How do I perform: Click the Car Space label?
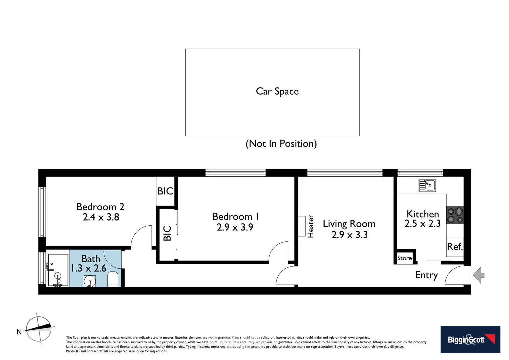277,91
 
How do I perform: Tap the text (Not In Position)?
281,144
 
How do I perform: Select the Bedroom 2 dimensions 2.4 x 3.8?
101,217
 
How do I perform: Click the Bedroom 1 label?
236,216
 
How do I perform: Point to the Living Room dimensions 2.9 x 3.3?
349,235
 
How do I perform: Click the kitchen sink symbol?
427,185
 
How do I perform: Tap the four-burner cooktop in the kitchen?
455,215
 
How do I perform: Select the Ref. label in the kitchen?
455,247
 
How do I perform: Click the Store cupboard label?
404,258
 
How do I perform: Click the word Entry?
426,275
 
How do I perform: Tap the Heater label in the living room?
310,226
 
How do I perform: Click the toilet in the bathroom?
113,279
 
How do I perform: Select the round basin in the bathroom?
90,282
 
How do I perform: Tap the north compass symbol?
39,329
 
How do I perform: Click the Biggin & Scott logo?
470,339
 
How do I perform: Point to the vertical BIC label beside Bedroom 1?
167,233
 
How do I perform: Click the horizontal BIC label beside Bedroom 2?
165,191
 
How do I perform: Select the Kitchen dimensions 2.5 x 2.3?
422,223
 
